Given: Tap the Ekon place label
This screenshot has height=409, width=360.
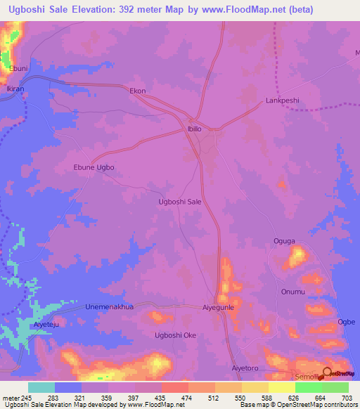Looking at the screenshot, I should (x=138, y=91).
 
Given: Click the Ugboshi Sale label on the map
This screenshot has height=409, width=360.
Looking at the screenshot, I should (x=181, y=201).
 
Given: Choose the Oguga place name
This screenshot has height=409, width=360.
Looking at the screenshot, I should (x=284, y=241).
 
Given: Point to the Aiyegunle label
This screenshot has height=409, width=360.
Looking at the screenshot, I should (x=217, y=308).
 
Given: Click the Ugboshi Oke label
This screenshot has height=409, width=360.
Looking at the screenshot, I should (x=175, y=335).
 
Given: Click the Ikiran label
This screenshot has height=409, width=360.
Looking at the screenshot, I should (x=15, y=91).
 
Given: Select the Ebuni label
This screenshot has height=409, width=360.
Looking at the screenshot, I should (x=18, y=68).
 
